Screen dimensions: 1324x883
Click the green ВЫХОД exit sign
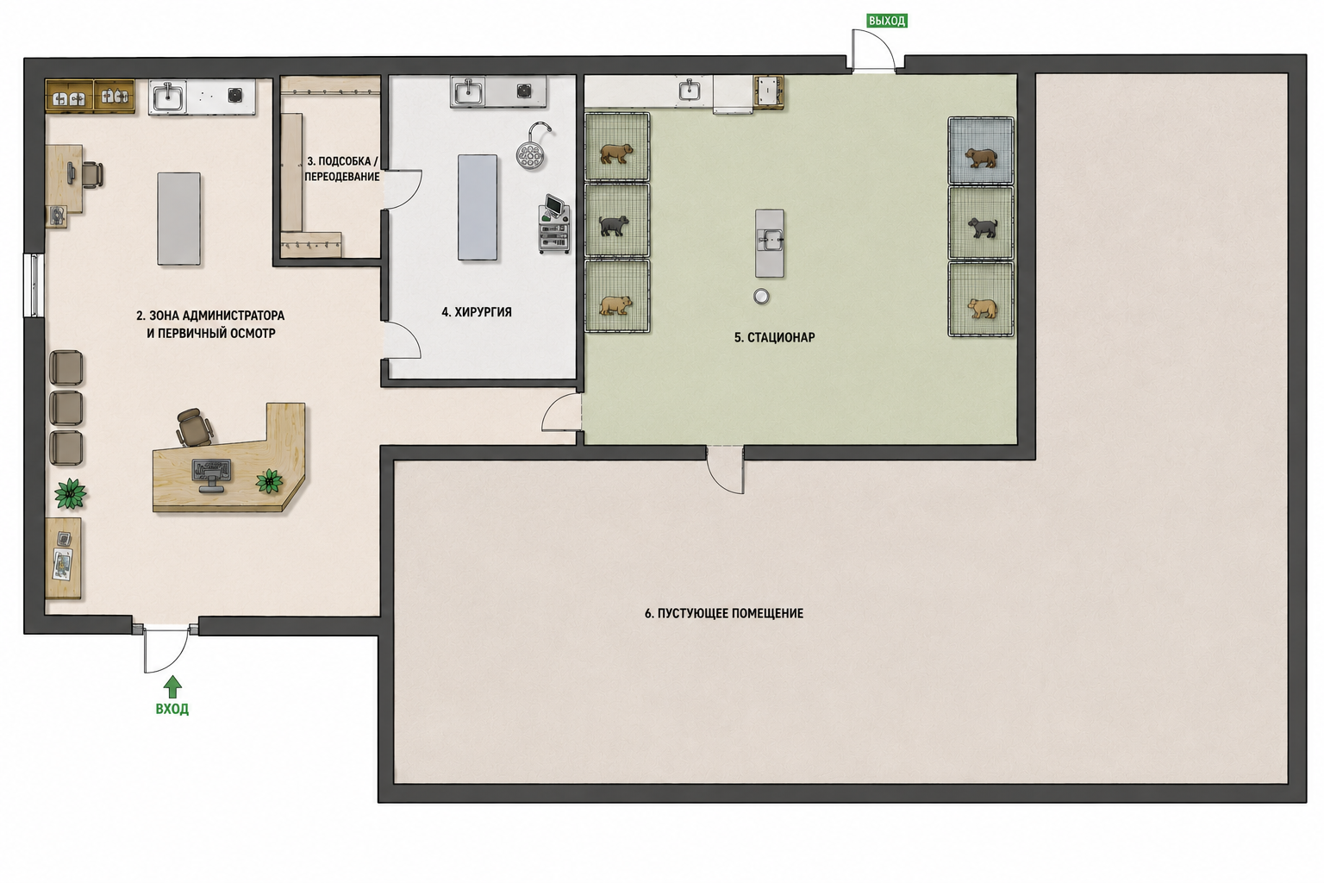click(887, 21)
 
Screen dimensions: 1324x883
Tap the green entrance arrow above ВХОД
click(172, 686)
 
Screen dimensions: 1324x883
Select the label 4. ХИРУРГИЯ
click(477, 311)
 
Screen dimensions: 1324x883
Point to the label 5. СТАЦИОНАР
click(774, 337)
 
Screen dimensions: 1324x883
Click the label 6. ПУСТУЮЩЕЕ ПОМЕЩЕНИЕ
click(723, 613)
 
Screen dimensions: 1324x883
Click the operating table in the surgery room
click(478, 207)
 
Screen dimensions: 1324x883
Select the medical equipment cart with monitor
click(554, 224)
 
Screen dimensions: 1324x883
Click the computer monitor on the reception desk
click(211, 474)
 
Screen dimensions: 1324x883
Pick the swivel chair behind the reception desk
click(193, 427)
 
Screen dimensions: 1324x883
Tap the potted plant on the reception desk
click(270, 481)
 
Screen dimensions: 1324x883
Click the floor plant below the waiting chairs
click(71, 492)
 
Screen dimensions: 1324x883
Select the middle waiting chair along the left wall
click(66, 407)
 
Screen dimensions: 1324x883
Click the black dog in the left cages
click(614, 225)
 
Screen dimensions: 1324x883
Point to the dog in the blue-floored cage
click(981, 158)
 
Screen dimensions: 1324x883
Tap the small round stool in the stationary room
click(761, 296)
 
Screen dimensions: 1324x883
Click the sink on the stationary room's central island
click(770, 240)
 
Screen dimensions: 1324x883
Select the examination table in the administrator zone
click(178, 218)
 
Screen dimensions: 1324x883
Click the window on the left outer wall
click(34, 285)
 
